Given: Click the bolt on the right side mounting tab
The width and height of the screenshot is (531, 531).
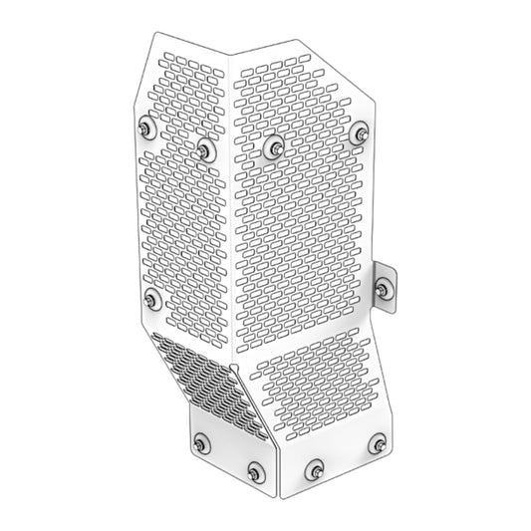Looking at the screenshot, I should [x=384, y=290].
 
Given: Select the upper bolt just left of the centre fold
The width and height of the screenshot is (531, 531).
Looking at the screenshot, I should [x=205, y=150].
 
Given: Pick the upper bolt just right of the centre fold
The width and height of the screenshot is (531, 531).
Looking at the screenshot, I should [x=273, y=147].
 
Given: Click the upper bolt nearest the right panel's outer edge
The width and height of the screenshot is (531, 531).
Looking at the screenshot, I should [x=361, y=133].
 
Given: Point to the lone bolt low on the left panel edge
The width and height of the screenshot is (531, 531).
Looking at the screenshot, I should [x=150, y=298].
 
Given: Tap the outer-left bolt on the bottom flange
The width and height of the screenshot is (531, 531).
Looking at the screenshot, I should [x=202, y=443].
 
